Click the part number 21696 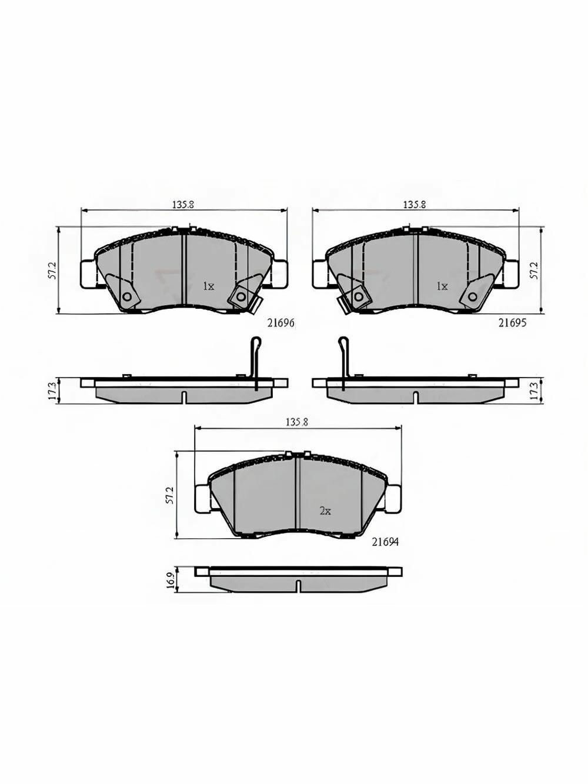[280, 323]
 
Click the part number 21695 [512, 323]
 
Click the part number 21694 [385, 552]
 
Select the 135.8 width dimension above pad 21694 [297, 422]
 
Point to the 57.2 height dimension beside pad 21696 [53, 272]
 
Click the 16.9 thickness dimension [171, 580]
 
